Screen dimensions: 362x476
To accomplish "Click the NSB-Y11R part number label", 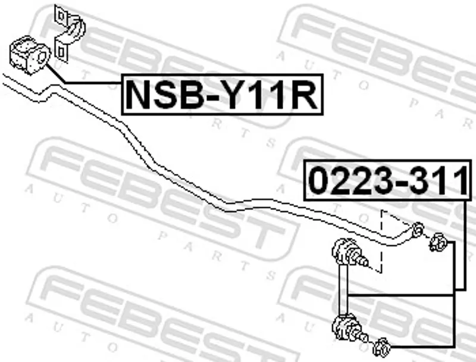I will pyautogui.click(x=222, y=93).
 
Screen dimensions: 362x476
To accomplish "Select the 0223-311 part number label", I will pyautogui.click(x=387, y=181).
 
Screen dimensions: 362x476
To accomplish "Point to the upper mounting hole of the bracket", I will pyautogui.click(x=59, y=14).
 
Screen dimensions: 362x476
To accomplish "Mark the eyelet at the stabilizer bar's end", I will pyautogui.click(x=418, y=229).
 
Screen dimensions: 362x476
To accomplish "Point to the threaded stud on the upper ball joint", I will pyautogui.click(x=361, y=259).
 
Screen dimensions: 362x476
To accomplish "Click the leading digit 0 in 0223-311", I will pyautogui.click(x=318, y=181).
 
